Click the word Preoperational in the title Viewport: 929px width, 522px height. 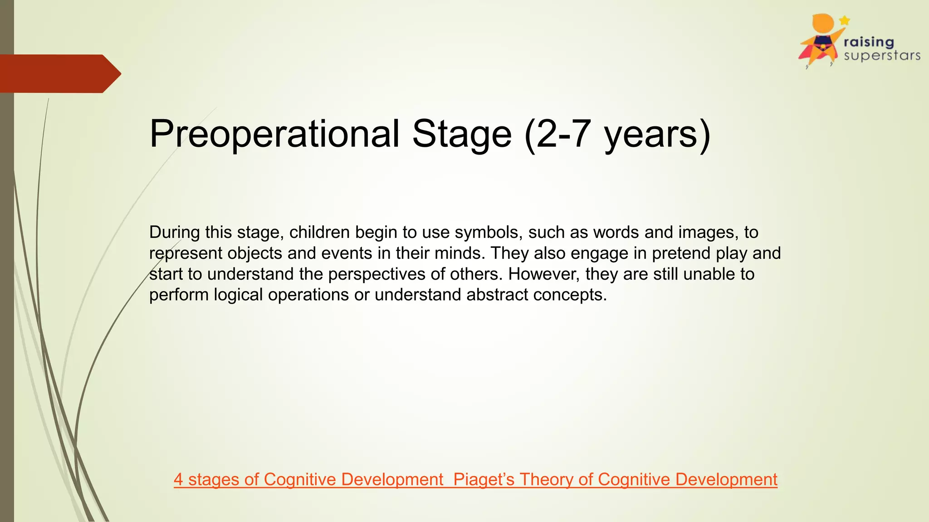tap(274, 134)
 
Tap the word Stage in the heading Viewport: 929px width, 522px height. tap(462, 134)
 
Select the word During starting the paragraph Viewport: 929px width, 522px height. tap(175, 232)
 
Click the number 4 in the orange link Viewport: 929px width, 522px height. tap(178, 479)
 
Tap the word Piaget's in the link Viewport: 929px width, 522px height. tap(484, 479)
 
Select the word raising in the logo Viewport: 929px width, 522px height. tap(869, 42)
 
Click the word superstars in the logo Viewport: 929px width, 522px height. tap(882, 56)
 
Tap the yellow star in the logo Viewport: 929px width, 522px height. tap(844, 20)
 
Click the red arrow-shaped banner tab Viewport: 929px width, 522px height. tap(59, 74)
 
